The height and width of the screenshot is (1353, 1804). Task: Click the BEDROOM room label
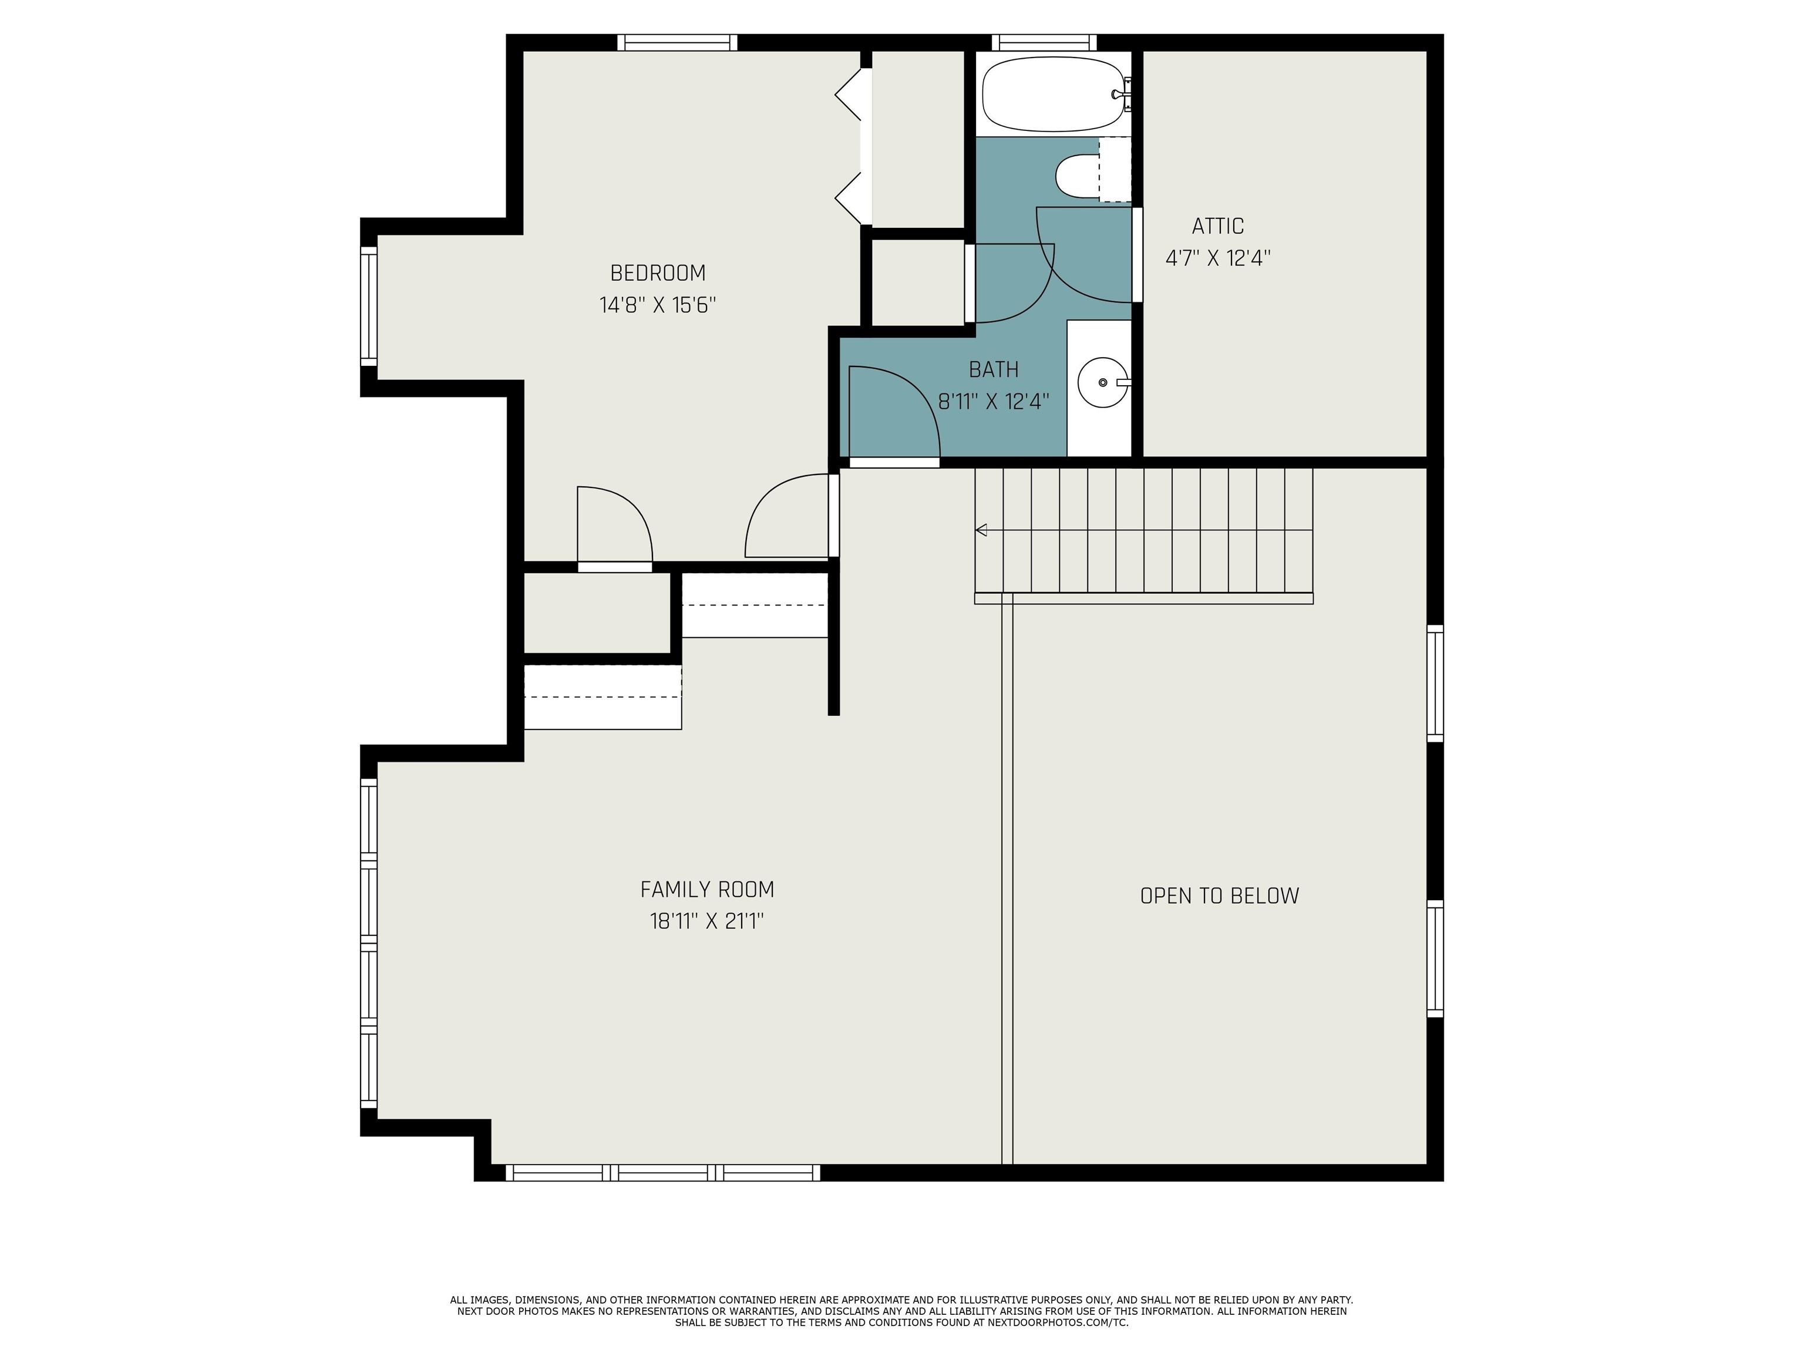coord(657,272)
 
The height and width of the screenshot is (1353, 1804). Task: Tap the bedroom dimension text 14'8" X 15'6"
coord(657,305)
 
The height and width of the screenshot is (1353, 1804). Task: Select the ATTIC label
coord(1217,226)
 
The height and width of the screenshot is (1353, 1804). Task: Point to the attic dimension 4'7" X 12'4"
coord(1217,258)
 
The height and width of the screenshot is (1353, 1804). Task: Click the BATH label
coord(994,369)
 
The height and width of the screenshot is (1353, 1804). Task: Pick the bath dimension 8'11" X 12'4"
coord(994,401)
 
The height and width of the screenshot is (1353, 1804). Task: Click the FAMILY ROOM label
coord(706,889)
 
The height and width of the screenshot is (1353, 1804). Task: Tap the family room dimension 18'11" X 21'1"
coord(706,921)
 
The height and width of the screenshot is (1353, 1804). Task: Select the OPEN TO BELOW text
coord(1219,896)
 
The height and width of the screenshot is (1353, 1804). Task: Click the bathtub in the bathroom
coord(1053,94)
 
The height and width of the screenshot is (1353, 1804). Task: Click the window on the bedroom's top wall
coord(676,42)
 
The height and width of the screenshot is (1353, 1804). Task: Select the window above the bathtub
coord(1043,42)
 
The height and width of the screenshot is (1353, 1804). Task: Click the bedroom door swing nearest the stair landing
coord(787,516)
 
